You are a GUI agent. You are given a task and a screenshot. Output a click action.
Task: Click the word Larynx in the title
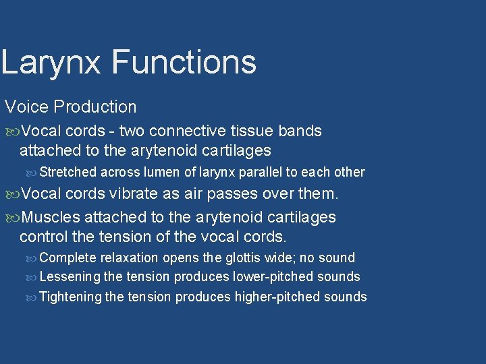(x=52, y=62)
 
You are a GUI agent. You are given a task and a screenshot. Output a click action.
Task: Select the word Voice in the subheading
(x=26, y=107)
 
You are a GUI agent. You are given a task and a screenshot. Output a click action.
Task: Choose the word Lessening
(x=70, y=276)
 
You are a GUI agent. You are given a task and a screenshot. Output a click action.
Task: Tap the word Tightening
(x=71, y=297)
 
